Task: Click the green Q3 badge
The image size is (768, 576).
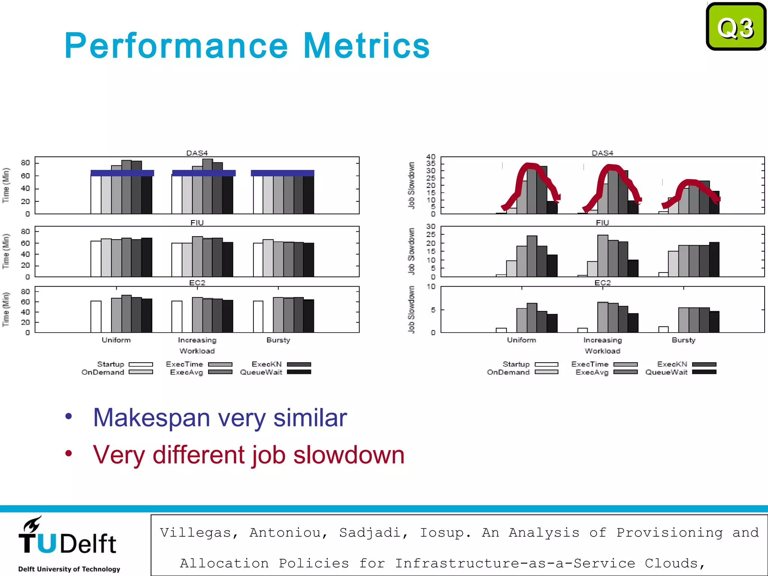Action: pos(736,27)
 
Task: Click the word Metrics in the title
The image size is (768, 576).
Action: pos(366,46)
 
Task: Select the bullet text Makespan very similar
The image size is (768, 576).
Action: pos(220,417)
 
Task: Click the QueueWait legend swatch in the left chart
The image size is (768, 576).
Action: pos(299,372)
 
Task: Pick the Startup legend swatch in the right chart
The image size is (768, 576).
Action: pos(546,364)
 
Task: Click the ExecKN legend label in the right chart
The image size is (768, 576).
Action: pos(672,364)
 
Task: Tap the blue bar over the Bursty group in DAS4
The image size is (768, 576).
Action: pos(282,173)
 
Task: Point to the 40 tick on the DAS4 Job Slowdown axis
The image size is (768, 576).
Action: pos(431,157)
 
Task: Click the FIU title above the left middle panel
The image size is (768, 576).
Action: pos(197,223)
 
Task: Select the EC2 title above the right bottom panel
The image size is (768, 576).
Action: pos(602,283)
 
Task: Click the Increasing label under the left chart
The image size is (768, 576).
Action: pos(197,340)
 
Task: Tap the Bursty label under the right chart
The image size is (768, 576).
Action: pos(683,340)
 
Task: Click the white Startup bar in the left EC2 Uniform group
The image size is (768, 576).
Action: pos(96,316)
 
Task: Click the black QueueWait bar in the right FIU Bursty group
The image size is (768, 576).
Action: pos(714,259)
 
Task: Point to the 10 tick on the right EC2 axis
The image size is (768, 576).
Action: pos(431,286)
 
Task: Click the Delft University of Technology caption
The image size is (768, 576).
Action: pos(69,569)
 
